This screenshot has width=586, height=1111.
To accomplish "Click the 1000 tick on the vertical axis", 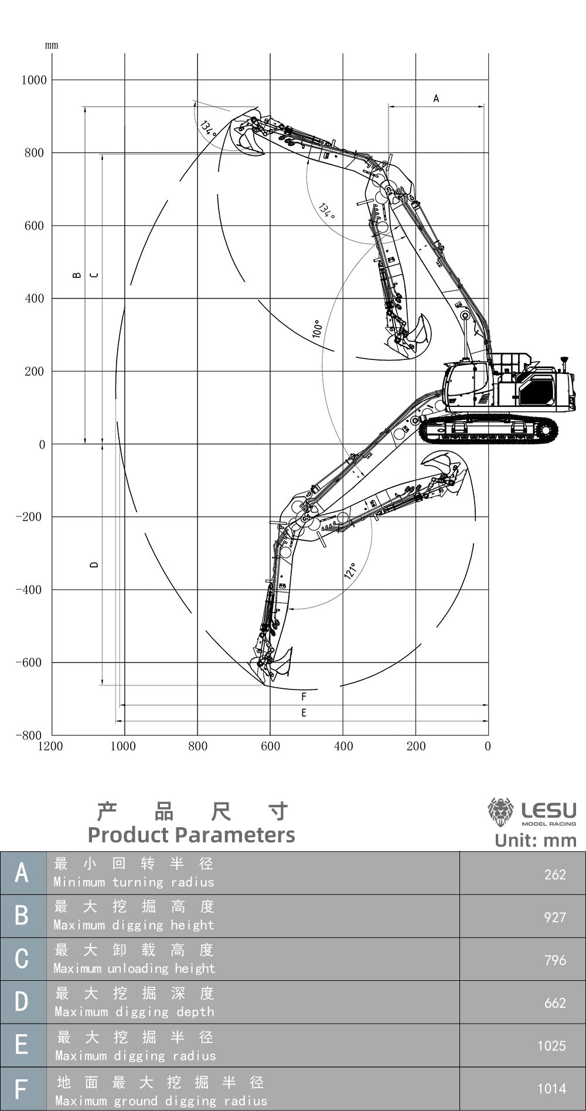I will coord(34,80).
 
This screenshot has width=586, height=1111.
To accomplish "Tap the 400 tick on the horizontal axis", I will coord(343,746).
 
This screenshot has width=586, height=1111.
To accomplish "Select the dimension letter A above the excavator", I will coord(436,98).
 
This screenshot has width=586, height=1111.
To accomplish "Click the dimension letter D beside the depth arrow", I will coord(94,565).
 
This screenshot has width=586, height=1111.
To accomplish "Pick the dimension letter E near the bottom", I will coord(304,713).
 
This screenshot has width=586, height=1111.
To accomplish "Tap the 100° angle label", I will coord(317,328).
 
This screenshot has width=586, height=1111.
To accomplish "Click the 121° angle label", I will coord(350,570).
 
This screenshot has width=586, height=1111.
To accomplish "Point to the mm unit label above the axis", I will coord(52,45).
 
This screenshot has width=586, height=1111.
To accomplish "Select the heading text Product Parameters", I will coord(191,834).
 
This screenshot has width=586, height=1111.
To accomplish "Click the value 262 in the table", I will coord(554,874).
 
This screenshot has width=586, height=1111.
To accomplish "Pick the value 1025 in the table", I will coord(551,1045).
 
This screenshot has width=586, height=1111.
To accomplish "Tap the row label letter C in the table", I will coord(22,959).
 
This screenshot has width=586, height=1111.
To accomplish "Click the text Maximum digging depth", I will coord(134,1011).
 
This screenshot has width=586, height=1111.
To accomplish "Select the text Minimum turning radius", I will coord(134,882).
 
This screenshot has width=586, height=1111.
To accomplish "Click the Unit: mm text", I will coord(535,840).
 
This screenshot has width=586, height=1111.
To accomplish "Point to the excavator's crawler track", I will coord(489,430).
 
